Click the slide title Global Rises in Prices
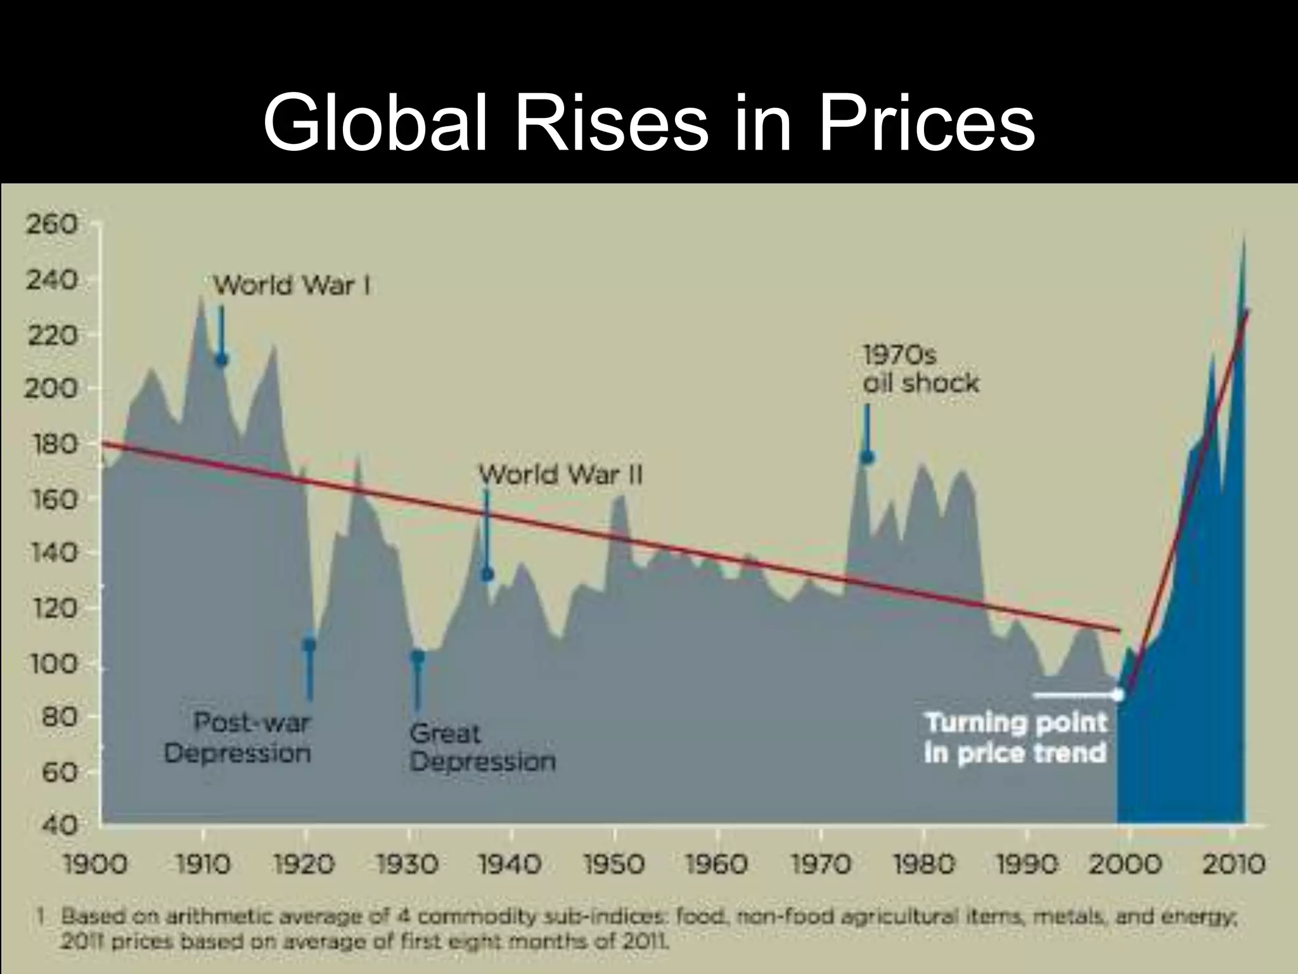649,122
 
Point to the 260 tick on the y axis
52,224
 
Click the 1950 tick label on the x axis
614,864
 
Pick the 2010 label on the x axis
1233,864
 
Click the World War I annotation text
292,285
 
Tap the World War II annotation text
560,474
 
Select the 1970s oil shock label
920,370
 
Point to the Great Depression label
482,747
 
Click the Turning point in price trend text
1015,738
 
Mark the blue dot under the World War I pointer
221,360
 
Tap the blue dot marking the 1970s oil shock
867,457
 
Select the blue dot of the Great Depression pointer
418,656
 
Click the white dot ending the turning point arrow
1118,695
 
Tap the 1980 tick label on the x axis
923,864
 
